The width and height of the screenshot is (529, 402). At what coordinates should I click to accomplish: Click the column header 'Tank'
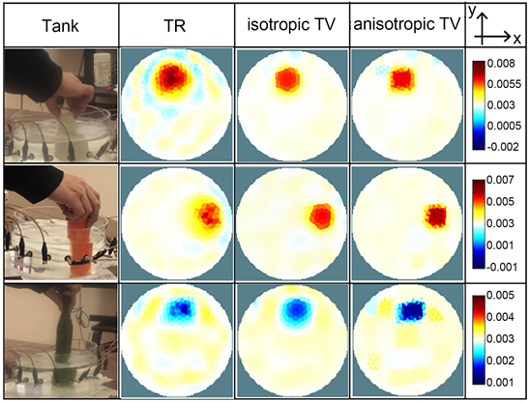click(60, 26)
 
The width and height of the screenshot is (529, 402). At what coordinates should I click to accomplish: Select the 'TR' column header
click(174, 26)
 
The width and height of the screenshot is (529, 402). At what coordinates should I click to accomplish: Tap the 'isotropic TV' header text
click(291, 24)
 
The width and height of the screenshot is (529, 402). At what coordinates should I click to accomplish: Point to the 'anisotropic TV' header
click(407, 24)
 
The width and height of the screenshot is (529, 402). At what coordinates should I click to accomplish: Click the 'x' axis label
click(516, 39)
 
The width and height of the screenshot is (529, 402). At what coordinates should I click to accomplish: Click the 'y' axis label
click(473, 12)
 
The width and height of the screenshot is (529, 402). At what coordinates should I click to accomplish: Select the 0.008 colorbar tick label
click(501, 64)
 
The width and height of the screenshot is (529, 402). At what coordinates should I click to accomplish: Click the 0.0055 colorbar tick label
click(504, 84)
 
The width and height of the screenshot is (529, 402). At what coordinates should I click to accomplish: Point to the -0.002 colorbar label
click(502, 146)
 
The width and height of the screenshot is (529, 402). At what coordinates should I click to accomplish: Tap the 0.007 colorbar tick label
click(501, 180)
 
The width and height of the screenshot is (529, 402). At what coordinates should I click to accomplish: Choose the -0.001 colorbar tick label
click(502, 267)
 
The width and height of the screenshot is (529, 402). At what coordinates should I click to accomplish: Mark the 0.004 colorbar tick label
click(501, 317)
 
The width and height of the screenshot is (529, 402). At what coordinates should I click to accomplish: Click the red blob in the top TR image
click(171, 78)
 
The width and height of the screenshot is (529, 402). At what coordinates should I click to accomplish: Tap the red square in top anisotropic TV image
click(402, 79)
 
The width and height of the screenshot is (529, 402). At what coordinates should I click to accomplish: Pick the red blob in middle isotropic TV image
click(321, 215)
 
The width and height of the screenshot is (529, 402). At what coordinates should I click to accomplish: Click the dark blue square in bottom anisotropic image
click(411, 310)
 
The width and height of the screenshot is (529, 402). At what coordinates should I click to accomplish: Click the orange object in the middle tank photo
click(80, 246)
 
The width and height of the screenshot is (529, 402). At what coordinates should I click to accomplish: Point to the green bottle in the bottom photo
click(66, 339)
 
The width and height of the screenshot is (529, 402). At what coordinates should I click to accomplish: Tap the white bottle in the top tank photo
click(103, 70)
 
